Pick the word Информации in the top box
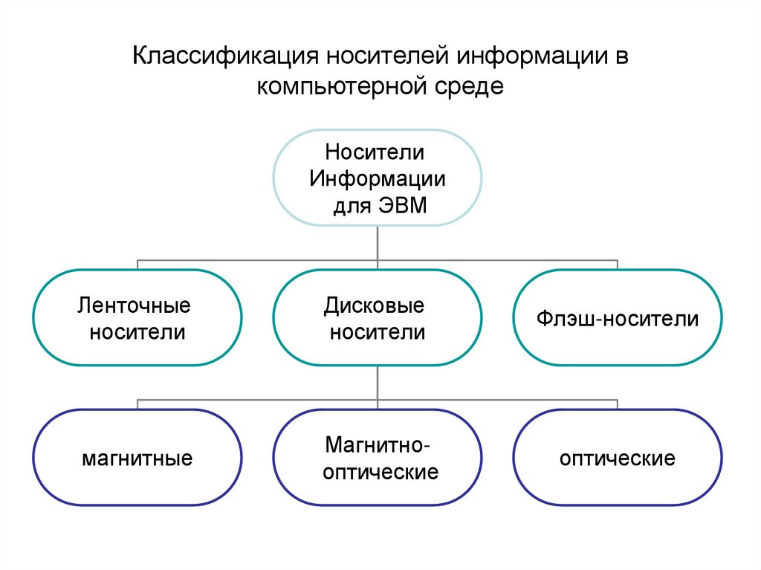tap(378, 179)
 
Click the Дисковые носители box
tap(377, 317)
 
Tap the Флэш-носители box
tap(617, 317)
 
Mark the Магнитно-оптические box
tap(377, 457)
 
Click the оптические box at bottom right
tap(617, 457)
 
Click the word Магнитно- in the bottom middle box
tap(377, 445)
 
